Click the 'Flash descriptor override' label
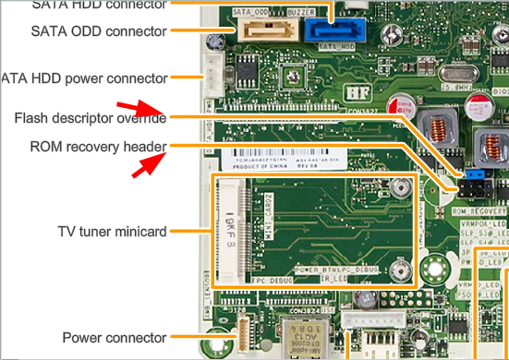click(x=90, y=117)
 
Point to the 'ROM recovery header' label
click(x=97, y=146)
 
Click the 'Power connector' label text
click(x=115, y=337)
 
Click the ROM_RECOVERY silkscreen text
click(x=479, y=211)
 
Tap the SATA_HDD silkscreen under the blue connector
click(x=335, y=45)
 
